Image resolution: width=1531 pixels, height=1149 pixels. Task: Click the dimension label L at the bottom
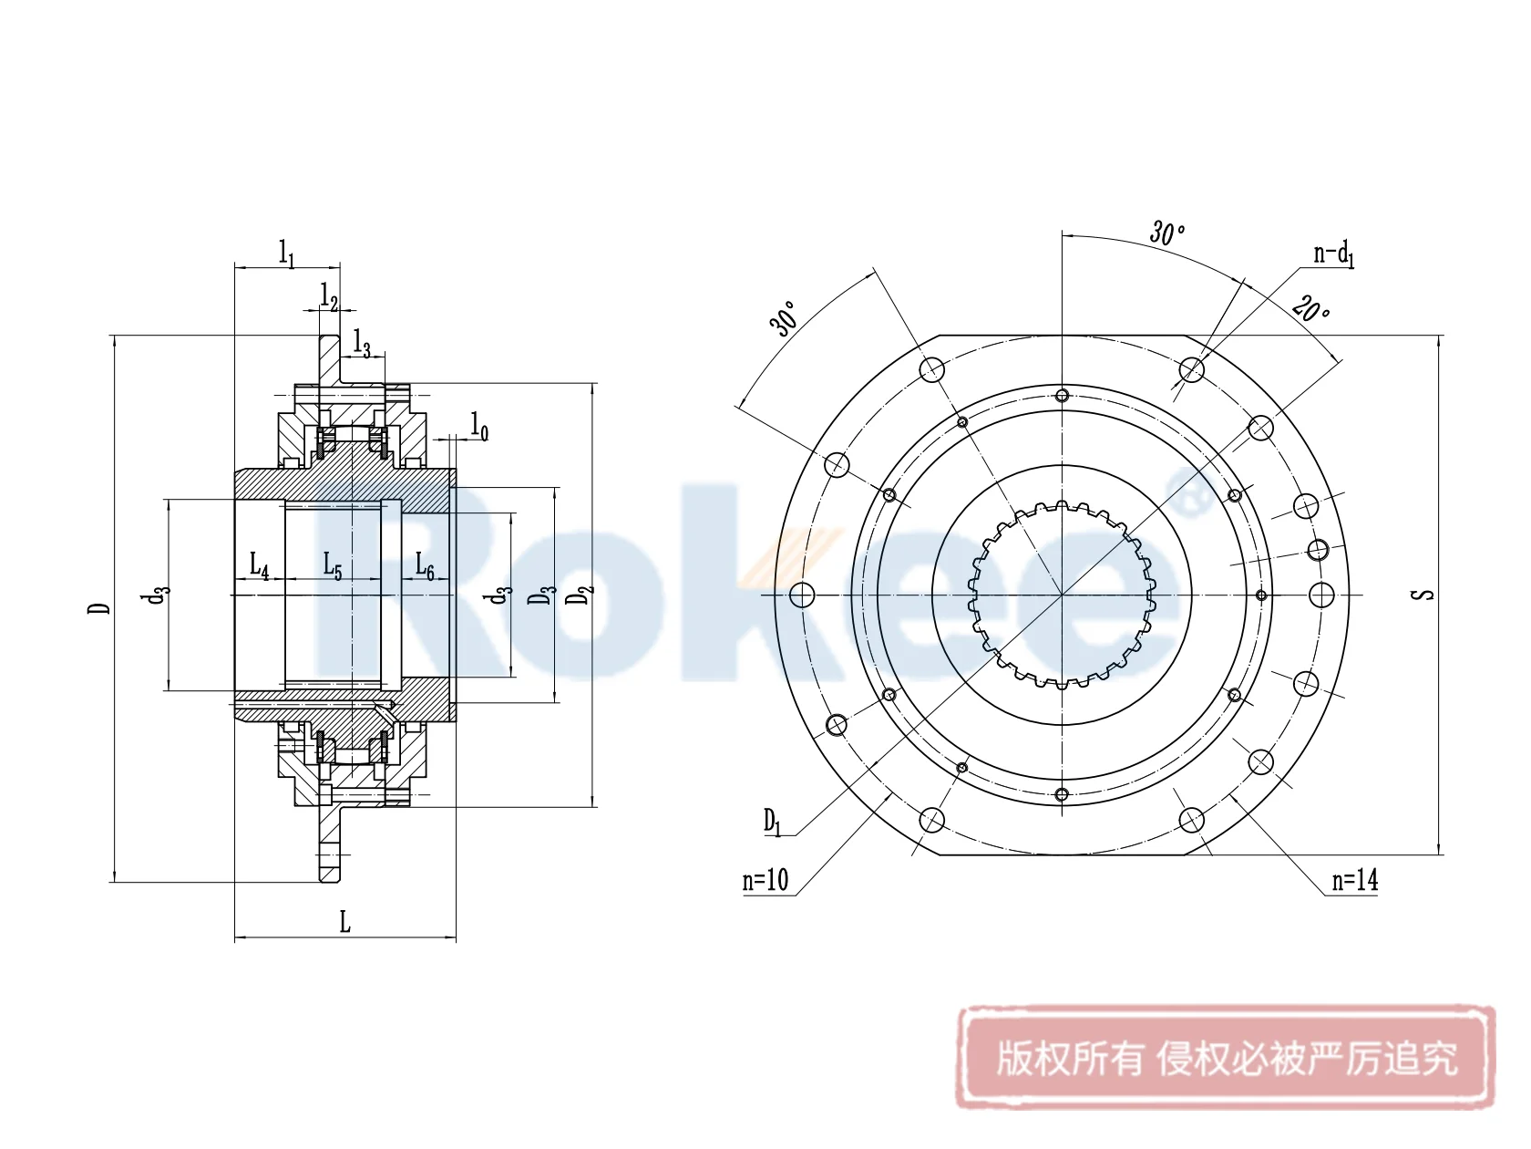point(344,922)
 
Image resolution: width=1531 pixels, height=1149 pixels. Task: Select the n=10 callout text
point(765,880)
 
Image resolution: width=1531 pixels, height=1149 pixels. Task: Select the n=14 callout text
point(1354,880)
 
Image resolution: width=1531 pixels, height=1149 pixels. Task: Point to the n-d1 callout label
point(1333,254)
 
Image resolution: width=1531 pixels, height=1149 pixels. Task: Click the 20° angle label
point(1310,310)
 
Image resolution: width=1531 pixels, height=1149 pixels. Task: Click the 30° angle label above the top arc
point(1166,233)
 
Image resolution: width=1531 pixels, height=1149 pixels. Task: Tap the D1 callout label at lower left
point(772,822)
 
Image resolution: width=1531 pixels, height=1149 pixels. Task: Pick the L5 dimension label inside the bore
point(333,566)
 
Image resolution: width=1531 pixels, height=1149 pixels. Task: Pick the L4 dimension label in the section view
point(259,566)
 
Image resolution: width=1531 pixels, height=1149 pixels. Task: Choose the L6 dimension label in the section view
point(425,566)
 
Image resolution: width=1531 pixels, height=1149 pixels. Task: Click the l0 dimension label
point(479,426)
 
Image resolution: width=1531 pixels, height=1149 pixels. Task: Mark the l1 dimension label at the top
point(286,253)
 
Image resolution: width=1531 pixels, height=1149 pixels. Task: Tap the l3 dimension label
point(362,345)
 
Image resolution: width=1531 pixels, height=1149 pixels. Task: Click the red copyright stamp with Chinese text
point(1226,1059)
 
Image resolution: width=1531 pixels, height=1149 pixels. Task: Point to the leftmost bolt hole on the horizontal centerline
point(802,595)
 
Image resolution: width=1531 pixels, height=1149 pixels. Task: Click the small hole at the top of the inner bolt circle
point(1062,396)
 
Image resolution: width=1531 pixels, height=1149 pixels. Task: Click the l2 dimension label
point(329,296)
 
